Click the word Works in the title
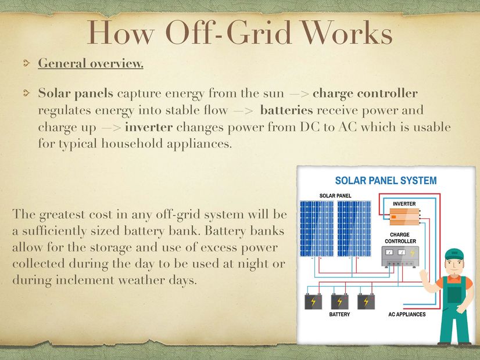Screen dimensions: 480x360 347,33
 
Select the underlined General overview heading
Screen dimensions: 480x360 91,63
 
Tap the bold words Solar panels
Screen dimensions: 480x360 76,93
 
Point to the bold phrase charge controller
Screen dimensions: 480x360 365,93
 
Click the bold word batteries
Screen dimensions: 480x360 286,110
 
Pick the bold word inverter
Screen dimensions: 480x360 149,127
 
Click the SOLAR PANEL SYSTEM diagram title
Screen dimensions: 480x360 386,181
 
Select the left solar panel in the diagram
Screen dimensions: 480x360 317,228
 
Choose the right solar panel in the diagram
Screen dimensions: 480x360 354,228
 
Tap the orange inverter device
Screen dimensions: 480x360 404,216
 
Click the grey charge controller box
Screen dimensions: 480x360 400,256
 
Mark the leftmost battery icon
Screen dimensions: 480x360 313,301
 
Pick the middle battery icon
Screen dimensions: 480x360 340,301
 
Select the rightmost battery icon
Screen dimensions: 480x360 366,301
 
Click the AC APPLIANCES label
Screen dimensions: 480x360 407,314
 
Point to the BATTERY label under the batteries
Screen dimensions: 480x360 339,314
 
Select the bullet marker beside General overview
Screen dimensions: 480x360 27,63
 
